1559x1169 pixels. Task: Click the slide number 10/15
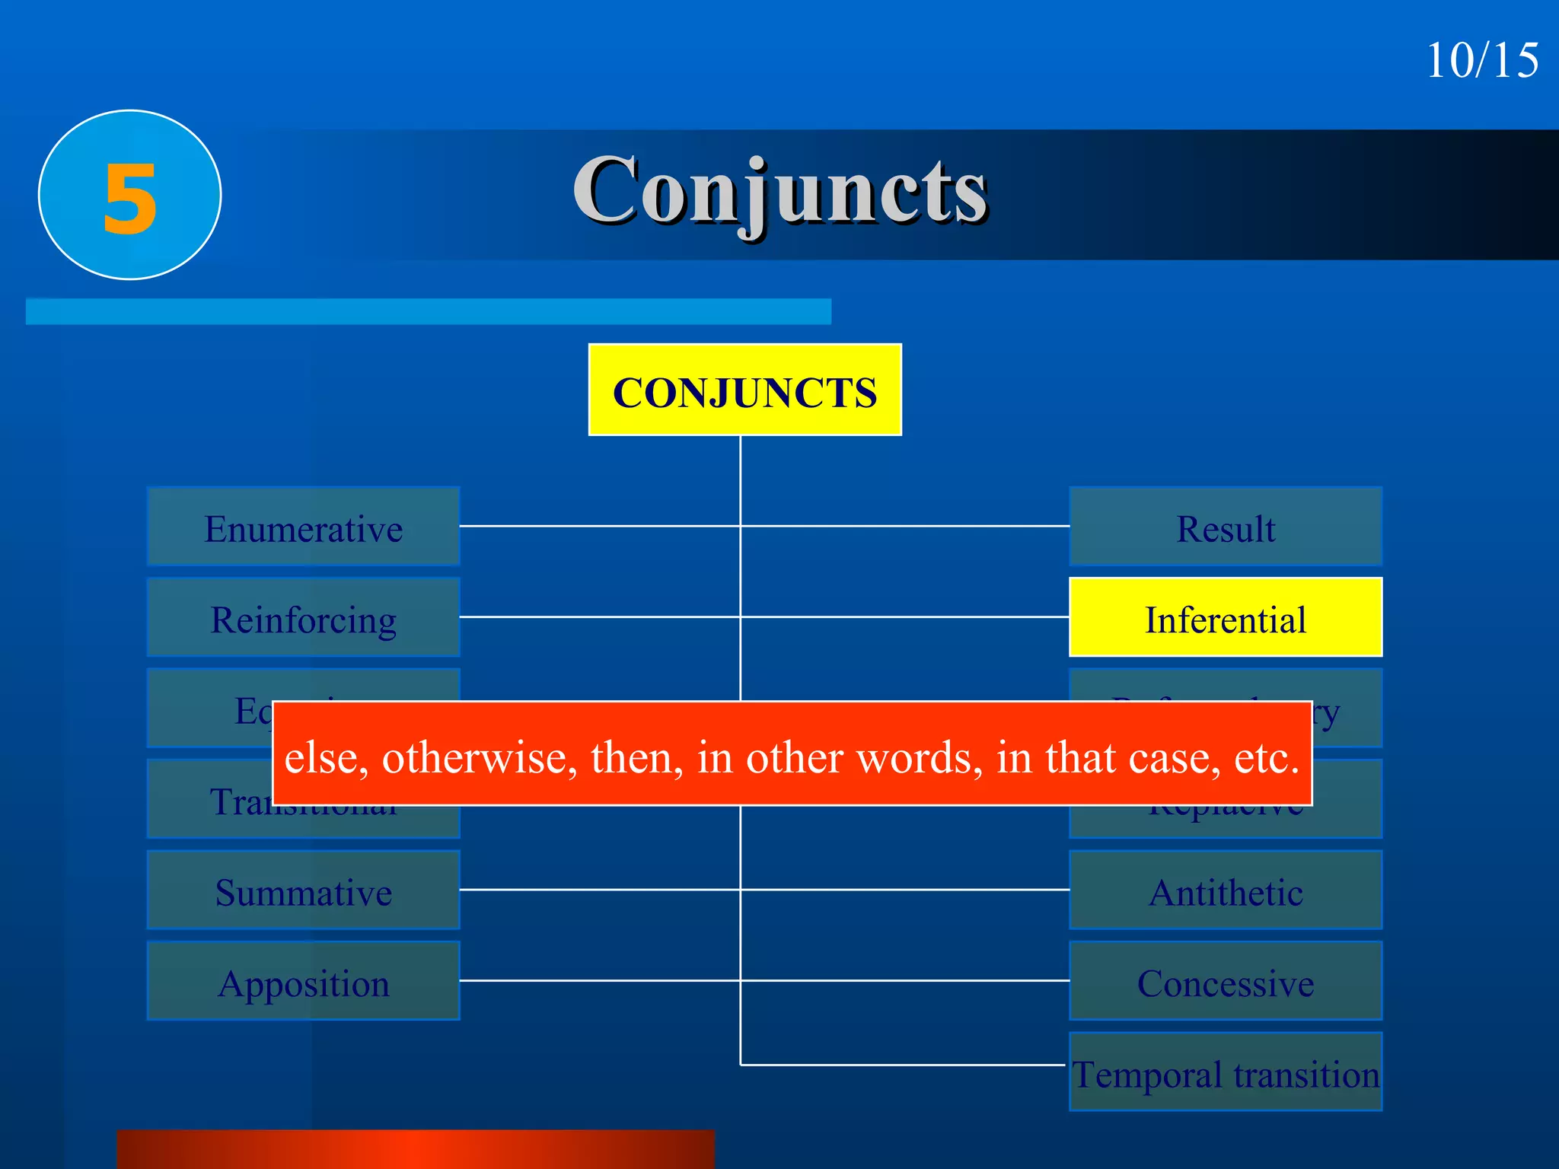coord(1481,61)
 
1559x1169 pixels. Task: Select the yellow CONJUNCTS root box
coord(744,390)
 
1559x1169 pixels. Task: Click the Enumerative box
coord(303,527)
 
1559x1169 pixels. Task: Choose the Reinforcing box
coord(303,617)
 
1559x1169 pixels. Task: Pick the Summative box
coord(303,890)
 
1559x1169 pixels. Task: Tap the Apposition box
coord(303,982)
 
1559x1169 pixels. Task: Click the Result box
coord(1226,527)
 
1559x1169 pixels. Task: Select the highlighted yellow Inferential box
coord(1226,617)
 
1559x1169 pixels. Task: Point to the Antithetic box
coord(1226,890)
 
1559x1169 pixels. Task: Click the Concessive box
coord(1226,982)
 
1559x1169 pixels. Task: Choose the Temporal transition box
coord(1226,1072)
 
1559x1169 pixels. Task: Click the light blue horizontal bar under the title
coord(428,311)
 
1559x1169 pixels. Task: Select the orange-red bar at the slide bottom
coord(416,1150)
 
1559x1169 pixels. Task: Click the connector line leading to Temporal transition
coord(902,1065)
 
